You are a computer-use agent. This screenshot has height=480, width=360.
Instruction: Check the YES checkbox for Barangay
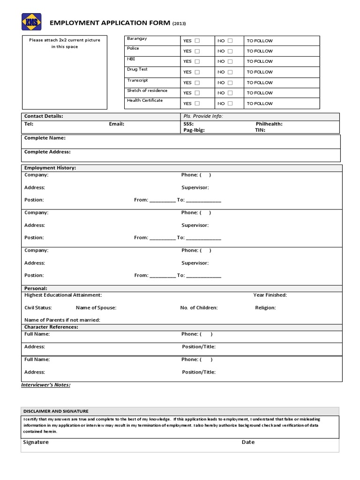197,41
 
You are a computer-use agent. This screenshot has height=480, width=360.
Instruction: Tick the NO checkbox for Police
230,51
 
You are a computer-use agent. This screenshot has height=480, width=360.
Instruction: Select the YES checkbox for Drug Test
197,72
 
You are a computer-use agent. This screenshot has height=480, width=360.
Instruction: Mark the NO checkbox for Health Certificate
230,104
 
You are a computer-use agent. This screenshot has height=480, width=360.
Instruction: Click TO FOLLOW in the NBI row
259,61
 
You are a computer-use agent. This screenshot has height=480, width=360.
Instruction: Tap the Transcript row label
137,80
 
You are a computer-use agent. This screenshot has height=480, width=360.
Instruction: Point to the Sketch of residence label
147,90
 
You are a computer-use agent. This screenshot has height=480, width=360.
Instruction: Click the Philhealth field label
269,124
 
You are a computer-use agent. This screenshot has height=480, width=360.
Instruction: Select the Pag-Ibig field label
194,130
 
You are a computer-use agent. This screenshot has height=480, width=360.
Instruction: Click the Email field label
116,124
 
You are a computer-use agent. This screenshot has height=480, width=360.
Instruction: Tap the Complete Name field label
45,138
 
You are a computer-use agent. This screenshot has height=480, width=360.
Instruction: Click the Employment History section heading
50,168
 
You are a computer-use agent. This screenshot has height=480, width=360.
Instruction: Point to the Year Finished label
270,295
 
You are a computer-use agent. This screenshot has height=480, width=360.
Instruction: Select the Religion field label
265,308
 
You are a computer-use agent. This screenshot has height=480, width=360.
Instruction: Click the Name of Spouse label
96,308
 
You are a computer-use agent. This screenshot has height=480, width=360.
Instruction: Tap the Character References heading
51,327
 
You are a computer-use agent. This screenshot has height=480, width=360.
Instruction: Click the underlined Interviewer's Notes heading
46,385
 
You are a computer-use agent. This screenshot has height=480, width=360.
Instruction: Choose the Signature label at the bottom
36,442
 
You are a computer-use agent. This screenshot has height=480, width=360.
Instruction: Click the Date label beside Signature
248,442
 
